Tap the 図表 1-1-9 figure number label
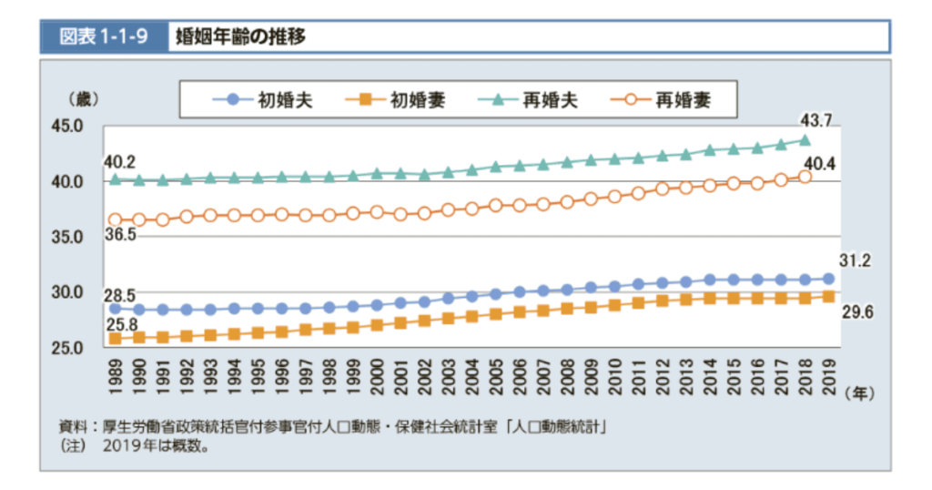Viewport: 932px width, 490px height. tap(104, 37)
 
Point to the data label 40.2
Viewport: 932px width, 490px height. tap(119, 161)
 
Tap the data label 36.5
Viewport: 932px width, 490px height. tap(121, 235)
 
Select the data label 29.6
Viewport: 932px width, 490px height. tap(856, 312)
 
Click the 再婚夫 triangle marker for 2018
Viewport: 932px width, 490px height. tap(805, 140)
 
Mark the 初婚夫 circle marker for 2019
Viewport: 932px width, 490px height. tap(829, 279)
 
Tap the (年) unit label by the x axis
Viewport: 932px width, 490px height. tap(861, 393)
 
